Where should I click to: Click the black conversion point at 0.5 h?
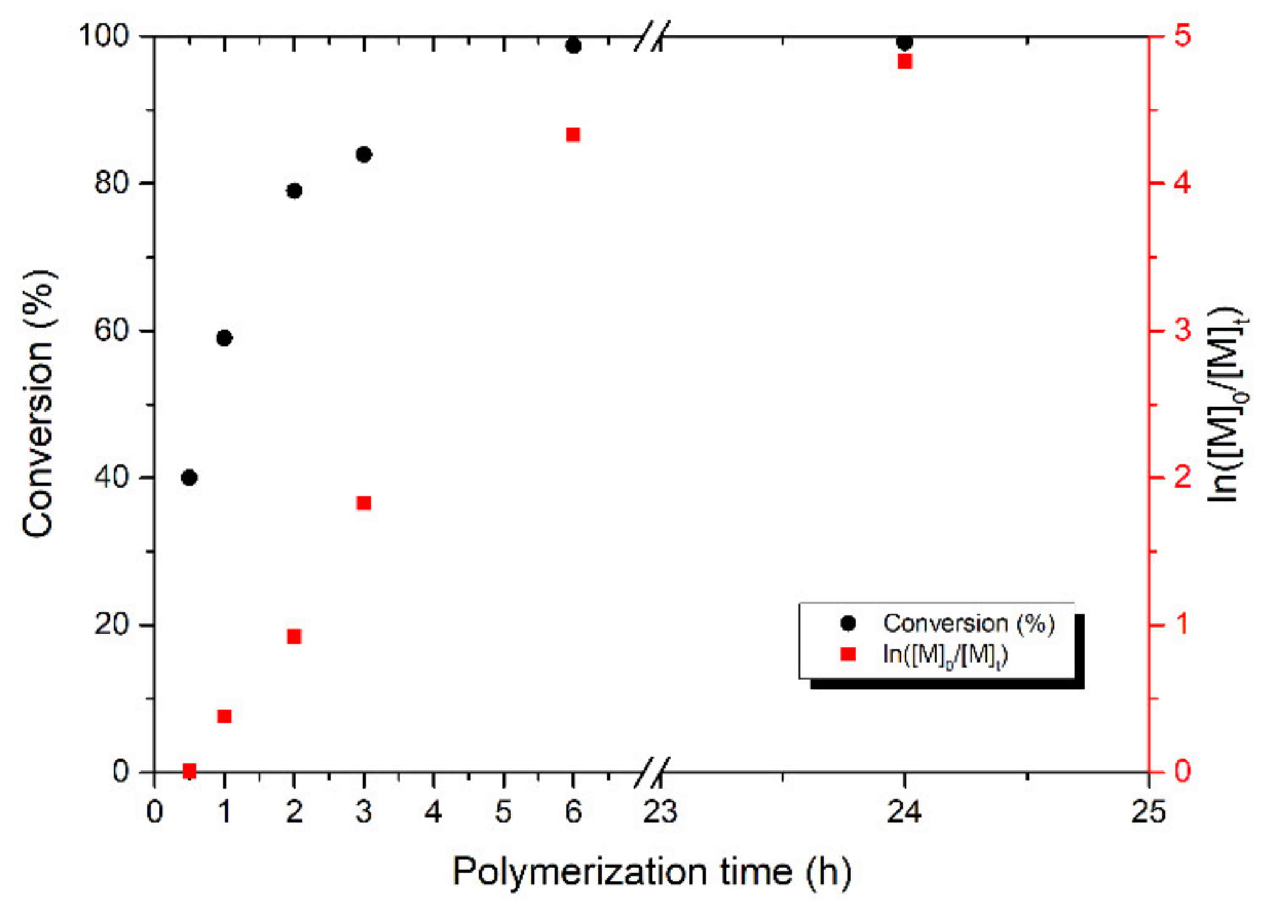click(189, 478)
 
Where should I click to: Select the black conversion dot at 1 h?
click(225, 338)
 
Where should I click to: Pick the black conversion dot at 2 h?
click(294, 191)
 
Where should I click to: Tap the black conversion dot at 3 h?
click(364, 154)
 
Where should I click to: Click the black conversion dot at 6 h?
click(573, 46)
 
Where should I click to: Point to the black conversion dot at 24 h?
click(905, 43)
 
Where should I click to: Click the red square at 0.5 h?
click(189, 771)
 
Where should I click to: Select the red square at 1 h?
click(225, 717)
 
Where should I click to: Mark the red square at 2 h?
click(294, 636)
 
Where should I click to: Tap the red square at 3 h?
click(364, 503)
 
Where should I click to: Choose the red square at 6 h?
click(573, 135)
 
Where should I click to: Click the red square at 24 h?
click(905, 62)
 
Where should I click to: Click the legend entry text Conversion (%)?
click(969, 623)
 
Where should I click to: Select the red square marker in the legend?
click(848, 654)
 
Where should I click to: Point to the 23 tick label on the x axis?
click(660, 812)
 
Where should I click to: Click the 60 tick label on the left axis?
click(112, 331)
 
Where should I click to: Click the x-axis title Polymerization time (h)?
click(652, 872)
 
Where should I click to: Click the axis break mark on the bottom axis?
click(651, 772)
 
